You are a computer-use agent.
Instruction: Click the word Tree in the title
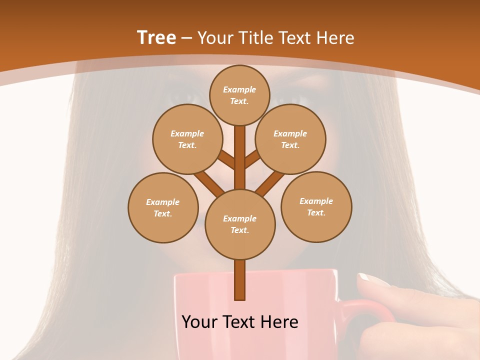pos(156,38)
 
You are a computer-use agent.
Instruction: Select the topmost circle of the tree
pos(239,95)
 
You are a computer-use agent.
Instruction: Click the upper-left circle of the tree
pos(187,139)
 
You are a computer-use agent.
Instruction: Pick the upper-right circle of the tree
pos(290,139)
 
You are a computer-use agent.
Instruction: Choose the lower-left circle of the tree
pos(163,207)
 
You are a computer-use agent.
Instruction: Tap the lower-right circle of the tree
pos(316,206)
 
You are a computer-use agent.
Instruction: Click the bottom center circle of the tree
pos(240,224)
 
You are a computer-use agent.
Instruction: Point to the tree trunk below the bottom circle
pos(240,280)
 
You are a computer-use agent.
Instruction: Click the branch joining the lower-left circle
pos(207,182)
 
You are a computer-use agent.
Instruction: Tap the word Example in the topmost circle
pos(239,89)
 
